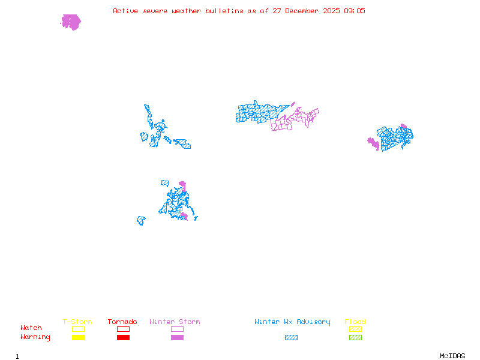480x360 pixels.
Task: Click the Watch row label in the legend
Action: [31, 328]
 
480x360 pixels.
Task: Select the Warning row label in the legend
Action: [35, 337]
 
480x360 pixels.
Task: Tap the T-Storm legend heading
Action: [77, 322]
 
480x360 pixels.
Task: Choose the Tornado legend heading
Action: [122, 322]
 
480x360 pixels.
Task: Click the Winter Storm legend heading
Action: [175, 322]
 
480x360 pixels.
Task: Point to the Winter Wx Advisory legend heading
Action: [292, 322]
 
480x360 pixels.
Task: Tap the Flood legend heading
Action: [355, 322]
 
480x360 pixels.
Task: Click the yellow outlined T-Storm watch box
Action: [78, 329]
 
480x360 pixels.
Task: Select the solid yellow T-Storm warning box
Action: [78, 337]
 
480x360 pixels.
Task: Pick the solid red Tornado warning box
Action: [123, 337]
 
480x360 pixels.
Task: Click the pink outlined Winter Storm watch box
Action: [177, 329]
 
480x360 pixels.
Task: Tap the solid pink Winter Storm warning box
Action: [177, 337]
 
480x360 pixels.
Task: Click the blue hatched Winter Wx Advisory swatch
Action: [291, 337]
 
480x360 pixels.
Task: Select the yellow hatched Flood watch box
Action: [355, 329]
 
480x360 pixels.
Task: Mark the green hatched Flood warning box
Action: [355, 337]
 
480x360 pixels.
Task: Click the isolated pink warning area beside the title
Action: [71, 22]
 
